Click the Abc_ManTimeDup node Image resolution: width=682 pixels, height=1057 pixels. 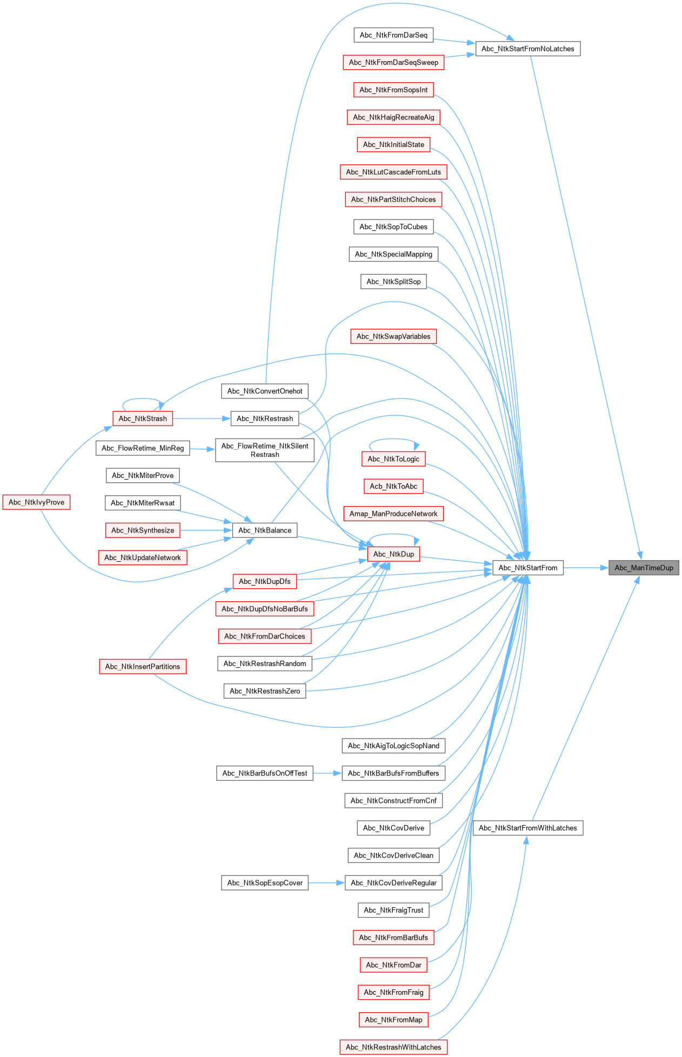click(x=644, y=568)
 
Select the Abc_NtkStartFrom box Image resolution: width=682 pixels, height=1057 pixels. click(x=527, y=568)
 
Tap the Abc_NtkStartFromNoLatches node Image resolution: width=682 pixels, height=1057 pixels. click(x=527, y=49)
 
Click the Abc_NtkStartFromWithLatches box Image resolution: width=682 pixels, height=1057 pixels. click(x=527, y=828)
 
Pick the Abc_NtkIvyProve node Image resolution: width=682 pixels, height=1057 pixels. click(x=36, y=502)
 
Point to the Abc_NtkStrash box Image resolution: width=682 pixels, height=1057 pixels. click(x=143, y=418)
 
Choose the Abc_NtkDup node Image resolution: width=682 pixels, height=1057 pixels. click(x=393, y=554)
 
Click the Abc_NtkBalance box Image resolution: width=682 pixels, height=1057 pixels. click(x=264, y=530)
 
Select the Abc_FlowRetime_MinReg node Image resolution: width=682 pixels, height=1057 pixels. click(x=143, y=448)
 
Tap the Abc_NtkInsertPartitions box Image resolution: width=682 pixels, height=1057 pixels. click(x=143, y=667)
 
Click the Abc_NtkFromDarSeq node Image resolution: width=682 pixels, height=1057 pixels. click(x=393, y=35)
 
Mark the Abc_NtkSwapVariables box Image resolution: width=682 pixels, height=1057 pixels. click(x=393, y=336)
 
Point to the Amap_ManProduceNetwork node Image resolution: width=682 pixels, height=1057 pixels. click(x=393, y=514)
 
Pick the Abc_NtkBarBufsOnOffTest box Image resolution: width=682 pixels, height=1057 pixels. click(x=264, y=773)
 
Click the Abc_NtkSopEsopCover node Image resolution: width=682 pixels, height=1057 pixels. click(x=264, y=883)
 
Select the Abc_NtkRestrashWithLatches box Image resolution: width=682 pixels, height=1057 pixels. click(x=393, y=1047)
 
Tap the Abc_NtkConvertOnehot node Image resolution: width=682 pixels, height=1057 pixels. click(x=264, y=391)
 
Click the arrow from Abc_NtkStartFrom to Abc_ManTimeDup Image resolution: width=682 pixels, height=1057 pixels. click(x=586, y=568)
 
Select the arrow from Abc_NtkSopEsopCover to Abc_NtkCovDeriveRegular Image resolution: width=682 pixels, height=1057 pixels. click(x=326, y=883)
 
